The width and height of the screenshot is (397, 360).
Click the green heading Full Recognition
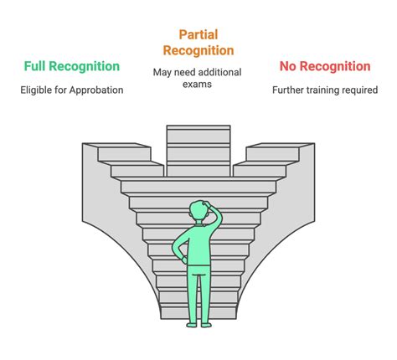tap(72, 66)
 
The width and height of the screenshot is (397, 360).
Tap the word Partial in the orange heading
tap(198, 34)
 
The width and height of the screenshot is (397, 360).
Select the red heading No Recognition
tap(325, 66)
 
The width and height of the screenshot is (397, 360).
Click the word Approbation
tap(96, 90)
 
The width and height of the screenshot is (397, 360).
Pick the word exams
tap(197, 85)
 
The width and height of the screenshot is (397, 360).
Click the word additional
tap(219, 72)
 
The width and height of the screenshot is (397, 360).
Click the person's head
tap(198, 210)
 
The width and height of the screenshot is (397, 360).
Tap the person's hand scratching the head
tap(208, 204)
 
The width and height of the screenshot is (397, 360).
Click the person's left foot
tap(191, 325)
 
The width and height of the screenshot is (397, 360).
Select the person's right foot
tap(206, 325)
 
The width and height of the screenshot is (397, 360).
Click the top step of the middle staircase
tap(198, 127)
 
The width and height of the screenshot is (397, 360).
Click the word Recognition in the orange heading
tap(198, 51)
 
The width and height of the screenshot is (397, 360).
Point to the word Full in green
tap(35, 66)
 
